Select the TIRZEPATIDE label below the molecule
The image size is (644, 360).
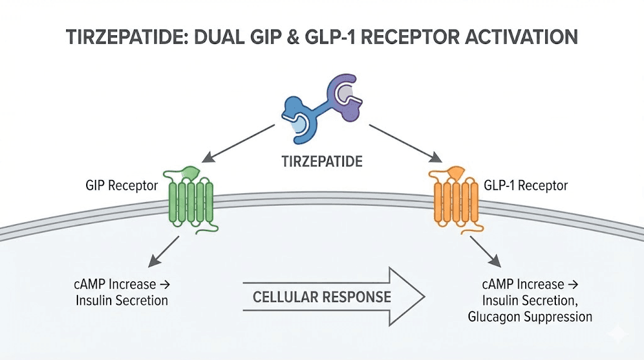tap(321, 161)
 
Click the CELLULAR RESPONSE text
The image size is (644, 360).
tap(321, 296)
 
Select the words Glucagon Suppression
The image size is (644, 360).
tap(530, 317)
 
